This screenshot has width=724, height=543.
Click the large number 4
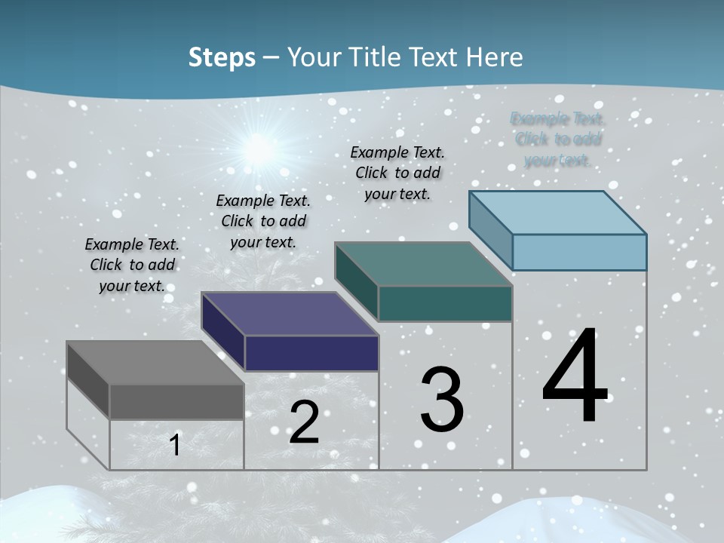point(575,377)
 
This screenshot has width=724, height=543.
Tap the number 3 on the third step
point(442,400)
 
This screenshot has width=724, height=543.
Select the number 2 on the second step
point(304,422)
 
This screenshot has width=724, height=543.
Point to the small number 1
point(175,446)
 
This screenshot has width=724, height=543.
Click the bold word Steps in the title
point(222,57)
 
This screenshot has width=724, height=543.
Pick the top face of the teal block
point(423,264)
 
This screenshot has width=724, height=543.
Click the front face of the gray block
point(176,401)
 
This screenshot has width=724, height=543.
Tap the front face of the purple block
point(311,353)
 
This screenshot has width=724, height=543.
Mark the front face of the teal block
point(445,303)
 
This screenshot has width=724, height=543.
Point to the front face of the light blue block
point(579,252)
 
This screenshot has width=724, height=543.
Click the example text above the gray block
point(132,265)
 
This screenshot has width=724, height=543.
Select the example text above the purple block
point(263,221)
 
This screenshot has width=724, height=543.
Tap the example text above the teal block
point(397,173)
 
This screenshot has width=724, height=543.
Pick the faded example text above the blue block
point(557,140)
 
